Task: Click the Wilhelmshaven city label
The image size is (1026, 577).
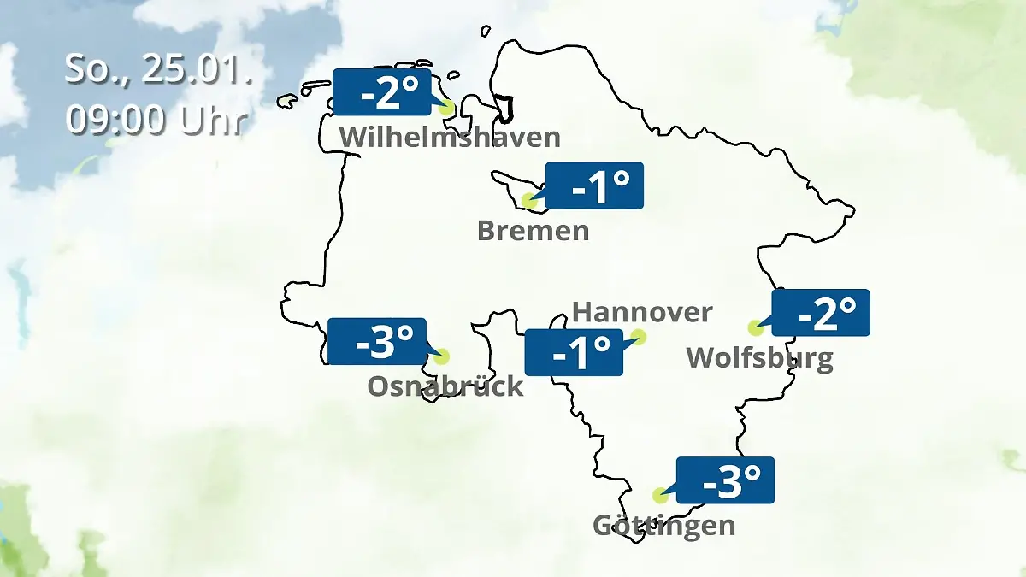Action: (450, 137)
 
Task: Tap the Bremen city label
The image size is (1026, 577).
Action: (533, 230)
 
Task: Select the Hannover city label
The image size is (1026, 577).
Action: (641, 312)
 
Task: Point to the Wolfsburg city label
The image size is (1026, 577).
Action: (759, 357)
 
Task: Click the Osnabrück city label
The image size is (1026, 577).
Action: (445, 386)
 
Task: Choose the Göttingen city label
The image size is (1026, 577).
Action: (663, 524)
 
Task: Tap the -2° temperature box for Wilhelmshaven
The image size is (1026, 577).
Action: (381, 92)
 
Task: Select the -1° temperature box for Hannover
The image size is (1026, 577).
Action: (573, 352)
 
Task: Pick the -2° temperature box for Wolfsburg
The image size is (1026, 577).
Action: (821, 313)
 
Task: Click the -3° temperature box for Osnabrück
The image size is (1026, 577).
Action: (376, 341)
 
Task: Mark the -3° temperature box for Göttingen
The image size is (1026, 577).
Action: (725, 480)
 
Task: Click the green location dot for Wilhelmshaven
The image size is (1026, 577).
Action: (445, 109)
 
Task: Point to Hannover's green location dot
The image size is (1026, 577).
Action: (638, 338)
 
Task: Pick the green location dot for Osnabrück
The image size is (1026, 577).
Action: (441, 356)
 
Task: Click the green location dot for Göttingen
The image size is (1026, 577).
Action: (660, 495)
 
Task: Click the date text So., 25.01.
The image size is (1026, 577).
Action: (159, 70)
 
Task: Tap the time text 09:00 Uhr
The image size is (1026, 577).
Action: (156, 120)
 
